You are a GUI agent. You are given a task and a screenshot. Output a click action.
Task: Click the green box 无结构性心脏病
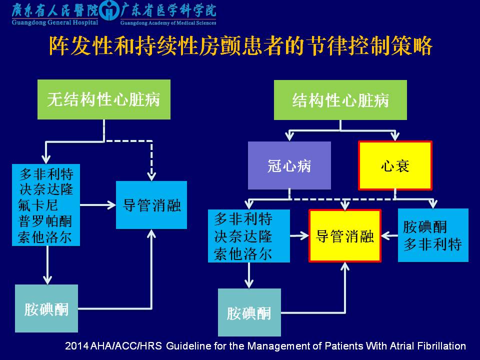(x=103, y=99)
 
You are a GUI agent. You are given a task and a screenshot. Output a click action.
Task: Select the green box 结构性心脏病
(x=340, y=100)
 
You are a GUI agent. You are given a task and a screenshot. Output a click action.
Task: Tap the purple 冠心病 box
(x=289, y=165)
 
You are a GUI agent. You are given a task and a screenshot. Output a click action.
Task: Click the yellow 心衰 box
(x=395, y=165)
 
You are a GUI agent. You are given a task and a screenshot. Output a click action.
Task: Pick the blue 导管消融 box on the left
(x=151, y=205)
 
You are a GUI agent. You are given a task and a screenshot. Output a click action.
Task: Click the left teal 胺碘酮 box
(x=46, y=308)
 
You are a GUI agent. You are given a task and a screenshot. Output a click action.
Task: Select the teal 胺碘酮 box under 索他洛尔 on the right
(x=249, y=312)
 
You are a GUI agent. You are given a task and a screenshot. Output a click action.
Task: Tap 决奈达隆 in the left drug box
(x=46, y=189)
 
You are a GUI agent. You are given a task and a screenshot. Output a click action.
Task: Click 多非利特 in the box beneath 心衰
(x=432, y=244)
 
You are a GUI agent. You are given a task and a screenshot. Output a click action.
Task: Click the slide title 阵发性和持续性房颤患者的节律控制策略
(x=240, y=46)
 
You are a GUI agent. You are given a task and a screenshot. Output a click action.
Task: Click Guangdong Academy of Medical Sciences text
(x=168, y=22)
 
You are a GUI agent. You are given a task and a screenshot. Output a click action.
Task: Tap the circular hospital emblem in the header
(x=110, y=11)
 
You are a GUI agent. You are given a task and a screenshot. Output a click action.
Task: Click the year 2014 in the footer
(x=75, y=346)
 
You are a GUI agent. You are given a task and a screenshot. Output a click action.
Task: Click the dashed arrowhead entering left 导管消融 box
(x=151, y=176)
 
